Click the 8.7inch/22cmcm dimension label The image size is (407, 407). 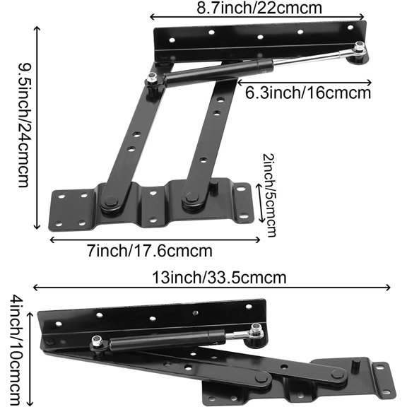point(257,8)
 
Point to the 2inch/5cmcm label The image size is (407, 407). point(269,194)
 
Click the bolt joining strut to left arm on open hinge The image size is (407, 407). point(153,83)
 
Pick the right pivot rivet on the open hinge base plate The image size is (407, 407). point(189,201)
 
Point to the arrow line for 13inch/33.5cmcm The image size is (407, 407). point(212,288)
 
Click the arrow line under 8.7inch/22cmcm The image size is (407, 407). point(257,18)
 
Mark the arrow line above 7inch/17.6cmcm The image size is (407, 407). point(155,239)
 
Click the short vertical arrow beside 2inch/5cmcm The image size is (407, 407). point(259,205)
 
